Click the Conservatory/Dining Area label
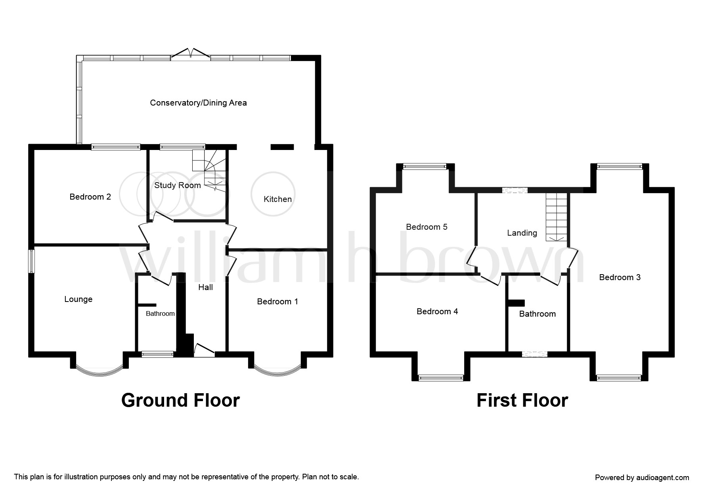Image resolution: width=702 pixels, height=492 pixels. (198, 103)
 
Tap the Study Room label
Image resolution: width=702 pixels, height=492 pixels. (177, 185)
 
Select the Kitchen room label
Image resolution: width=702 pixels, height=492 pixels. (277, 199)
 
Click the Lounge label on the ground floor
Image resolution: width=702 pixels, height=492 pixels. (78, 299)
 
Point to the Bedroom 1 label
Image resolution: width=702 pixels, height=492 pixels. (277, 302)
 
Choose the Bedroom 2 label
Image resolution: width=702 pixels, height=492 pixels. (90, 197)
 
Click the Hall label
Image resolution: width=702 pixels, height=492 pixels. (205, 287)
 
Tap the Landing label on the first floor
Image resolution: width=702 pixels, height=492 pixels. (522, 233)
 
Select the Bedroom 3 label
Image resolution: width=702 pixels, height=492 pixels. (620, 277)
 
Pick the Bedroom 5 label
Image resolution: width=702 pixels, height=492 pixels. (427, 227)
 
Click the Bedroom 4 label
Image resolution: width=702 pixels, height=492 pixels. (437, 311)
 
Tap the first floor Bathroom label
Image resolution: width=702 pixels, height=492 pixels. (537, 314)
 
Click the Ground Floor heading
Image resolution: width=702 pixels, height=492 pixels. (180, 400)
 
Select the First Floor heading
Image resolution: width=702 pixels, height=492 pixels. (522, 400)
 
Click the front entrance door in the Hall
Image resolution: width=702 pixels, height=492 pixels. (204, 351)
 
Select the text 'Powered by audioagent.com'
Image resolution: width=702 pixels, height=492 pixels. (642, 478)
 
